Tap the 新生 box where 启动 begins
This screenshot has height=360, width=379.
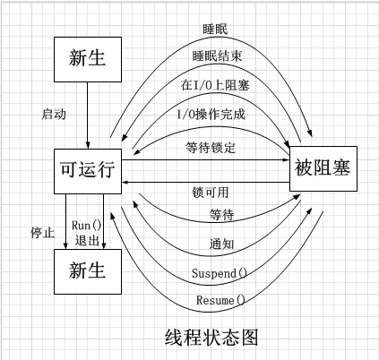[x=86, y=60]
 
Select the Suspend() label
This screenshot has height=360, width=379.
[x=219, y=271]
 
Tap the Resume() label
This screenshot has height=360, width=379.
[x=219, y=298]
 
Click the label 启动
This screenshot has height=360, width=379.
[x=54, y=115]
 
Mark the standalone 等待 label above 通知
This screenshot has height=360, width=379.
[x=220, y=215]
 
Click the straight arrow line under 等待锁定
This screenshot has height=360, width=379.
[x=206, y=160]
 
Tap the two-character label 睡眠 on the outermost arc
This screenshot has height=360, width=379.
[x=216, y=28]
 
